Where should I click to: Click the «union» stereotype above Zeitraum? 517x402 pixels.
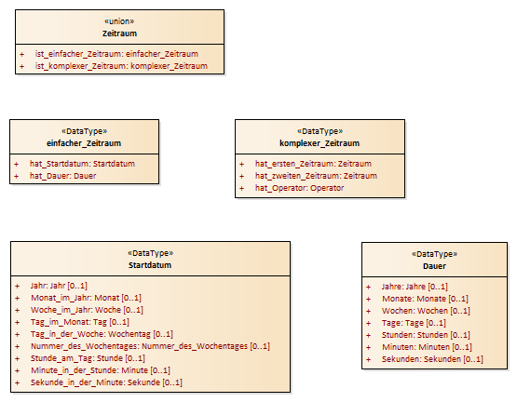tap(119, 21)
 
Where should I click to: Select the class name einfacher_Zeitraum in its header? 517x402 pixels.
tap(84, 143)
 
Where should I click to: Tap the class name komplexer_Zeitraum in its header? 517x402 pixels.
tap(320, 143)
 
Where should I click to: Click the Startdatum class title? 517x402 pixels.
tap(150, 265)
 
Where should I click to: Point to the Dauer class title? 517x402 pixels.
tap(434, 266)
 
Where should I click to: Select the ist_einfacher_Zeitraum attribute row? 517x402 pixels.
tap(116, 54)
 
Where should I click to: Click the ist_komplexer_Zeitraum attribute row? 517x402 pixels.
tap(121, 66)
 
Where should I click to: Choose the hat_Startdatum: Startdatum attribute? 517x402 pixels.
tap(82, 164)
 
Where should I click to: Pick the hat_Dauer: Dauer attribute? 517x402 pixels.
tap(62, 176)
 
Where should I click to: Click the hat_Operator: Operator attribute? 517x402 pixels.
tap(299, 188)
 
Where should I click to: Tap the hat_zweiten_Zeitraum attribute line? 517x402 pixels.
tap(316, 176)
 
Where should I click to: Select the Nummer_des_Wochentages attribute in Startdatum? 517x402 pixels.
tap(150, 346)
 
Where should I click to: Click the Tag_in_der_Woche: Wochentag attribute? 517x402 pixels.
tap(102, 334)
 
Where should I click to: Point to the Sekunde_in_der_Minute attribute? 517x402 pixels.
tap(106, 382)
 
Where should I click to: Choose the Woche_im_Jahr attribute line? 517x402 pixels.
tap(87, 310)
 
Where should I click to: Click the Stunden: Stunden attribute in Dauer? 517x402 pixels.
tap(426, 335)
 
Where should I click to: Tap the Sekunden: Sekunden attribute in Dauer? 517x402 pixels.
tap(432, 359)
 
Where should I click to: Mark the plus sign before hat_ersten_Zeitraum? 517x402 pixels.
tap(241, 164)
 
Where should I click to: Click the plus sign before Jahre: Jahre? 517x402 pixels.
tap(368, 287)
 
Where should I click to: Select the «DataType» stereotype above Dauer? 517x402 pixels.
tap(434, 254)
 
